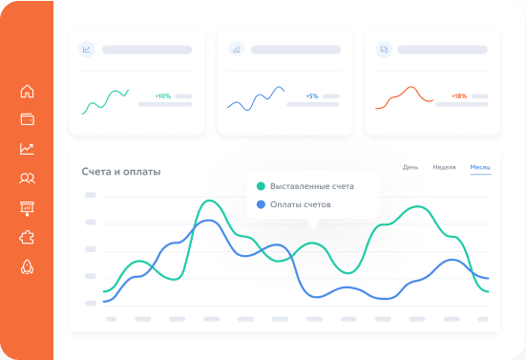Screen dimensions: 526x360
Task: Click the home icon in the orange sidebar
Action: (x=27, y=91)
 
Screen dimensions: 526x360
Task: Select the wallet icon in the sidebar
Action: (x=27, y=119)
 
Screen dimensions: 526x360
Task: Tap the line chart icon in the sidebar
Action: (x=27, y=149)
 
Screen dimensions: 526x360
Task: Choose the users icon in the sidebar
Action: (x=27, y=179)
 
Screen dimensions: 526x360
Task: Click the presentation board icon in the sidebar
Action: (x=27, y=208)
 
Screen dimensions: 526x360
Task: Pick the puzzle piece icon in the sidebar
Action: (x=27, y=238)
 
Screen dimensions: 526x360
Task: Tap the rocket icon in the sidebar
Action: (x=27, y=267)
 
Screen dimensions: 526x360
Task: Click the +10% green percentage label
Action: (x=163, y=95)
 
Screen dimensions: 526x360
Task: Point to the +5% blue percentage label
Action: (x=312, y=95)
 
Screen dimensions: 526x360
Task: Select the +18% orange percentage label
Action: (x=459, y=95)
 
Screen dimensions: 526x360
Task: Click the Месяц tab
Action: (x=480, y=167)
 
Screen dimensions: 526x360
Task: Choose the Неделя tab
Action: (x=444, y=167)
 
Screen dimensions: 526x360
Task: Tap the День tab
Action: (x=410, y=167)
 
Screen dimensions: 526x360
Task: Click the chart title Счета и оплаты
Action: (x=121, y=172)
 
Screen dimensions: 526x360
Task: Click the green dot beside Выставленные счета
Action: (x=261, y=186)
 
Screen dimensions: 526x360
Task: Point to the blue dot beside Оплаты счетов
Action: (x=261, y=204)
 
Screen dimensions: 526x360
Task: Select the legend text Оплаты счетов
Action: (x=301, y=204)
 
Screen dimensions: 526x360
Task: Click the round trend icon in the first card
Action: (x=87, y=50)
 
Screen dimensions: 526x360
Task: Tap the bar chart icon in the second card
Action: (x=236, y=50)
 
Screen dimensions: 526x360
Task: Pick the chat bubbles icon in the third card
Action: (x=384, y=50)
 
